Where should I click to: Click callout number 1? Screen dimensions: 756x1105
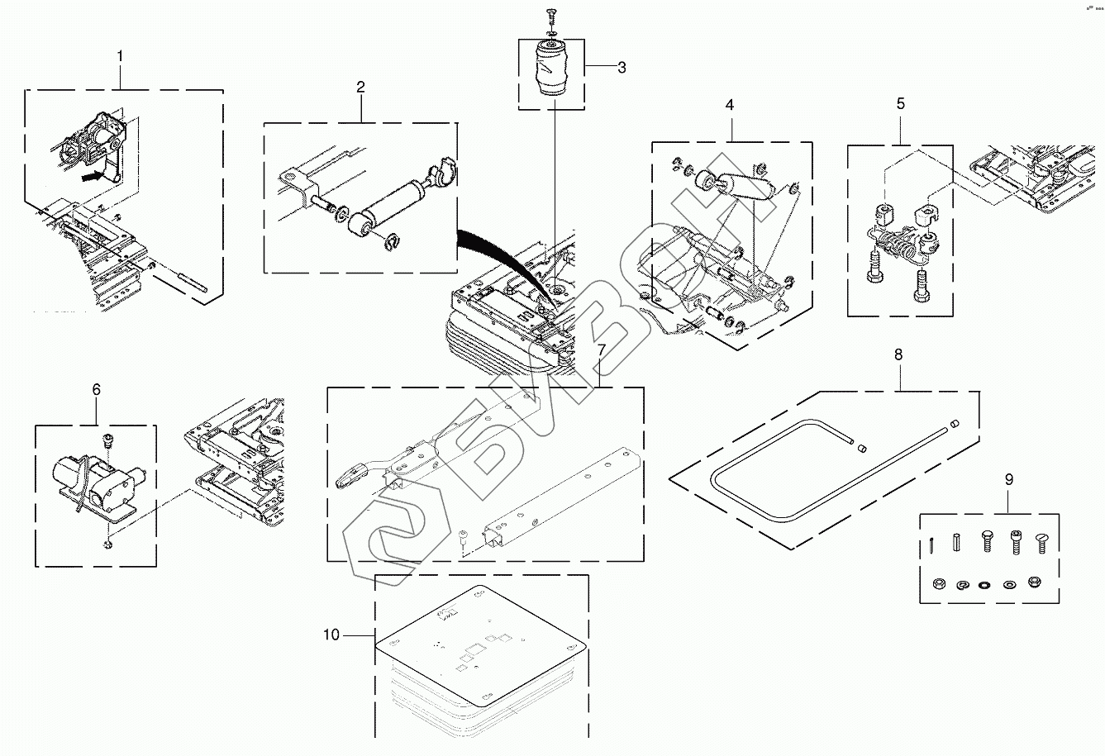click(120, 56)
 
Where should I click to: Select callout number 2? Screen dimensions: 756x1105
click(361, 86)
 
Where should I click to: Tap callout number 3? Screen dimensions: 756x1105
click(622, 68)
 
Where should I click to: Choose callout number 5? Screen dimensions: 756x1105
click(901, 103)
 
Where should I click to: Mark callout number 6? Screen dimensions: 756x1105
click(96, 388)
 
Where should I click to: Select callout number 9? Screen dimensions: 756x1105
click(1008, 478)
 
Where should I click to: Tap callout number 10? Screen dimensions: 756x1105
click(331, 635)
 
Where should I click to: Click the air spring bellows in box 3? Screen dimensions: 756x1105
click(551, 69)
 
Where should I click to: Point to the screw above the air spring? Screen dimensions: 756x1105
click(551, 13)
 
